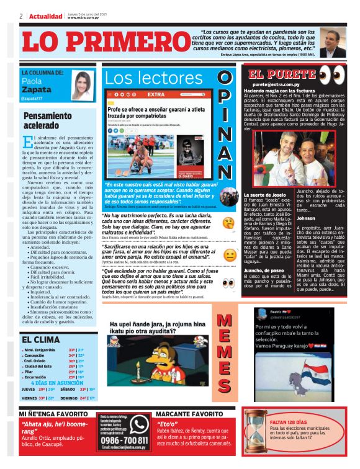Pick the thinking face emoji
click(x=229, y=222)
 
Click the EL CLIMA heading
click(x=41, y=340)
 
